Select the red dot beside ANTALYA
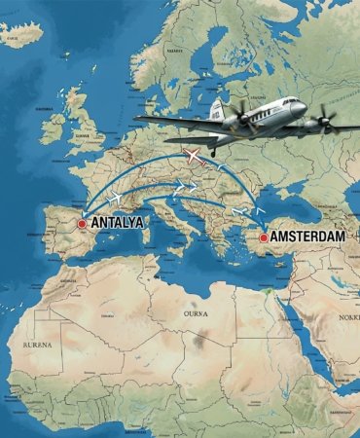coord(83,223)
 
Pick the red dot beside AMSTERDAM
coord(264,237)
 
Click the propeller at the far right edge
coord(326,119)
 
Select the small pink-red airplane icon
coord(196,156)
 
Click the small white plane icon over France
coord(116,198)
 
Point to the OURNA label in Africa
coord(196,314)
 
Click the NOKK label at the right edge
coord(347,317)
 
